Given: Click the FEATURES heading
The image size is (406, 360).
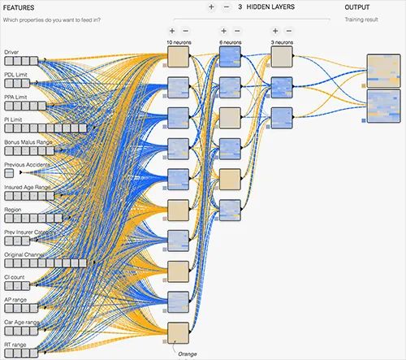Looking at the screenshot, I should pyautogui.click(x=19, y=7).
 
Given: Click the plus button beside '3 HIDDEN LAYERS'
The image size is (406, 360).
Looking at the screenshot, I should pyautogui.click(x=211, y=7).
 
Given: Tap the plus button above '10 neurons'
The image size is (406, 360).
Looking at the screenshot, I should pyautogui.click(x=172, y=30).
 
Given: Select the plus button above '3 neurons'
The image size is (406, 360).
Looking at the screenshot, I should pyautogui.click(x=276, y=30).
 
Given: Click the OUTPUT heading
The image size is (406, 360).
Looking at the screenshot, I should pyautogui.click(x=356, y=7).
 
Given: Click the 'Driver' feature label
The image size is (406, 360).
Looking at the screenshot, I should pyautogui.click(x=11, y=51).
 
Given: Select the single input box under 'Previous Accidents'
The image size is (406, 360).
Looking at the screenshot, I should pyautogui.click(x=9, y=174).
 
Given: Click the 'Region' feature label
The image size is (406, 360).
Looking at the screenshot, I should pyautogui.click(x=13, y=210).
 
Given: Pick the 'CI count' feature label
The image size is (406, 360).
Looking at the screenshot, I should pyautogui.click(x=15, y=277).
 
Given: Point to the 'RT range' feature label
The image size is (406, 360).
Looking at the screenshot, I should pyautogui.click(x=15, y=345).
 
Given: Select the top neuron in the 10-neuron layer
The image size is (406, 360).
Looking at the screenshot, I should pyautogui.click(x=178, y=56).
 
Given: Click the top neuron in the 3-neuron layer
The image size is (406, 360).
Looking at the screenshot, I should pyautogui.click(x=280, y=55).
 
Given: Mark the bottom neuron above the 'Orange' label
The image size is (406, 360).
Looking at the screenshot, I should pyautogui.click(x=178, y=333).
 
